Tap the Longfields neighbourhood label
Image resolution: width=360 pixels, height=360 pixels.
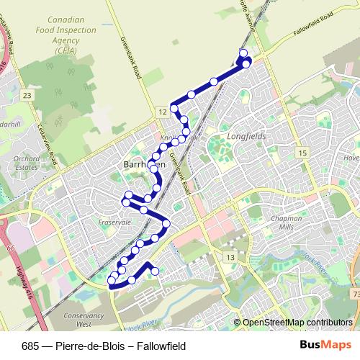click(x=246, y=135)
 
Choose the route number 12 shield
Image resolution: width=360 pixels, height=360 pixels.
click(x=163, y=111)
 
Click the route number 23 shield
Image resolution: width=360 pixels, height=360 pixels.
click(x=27, y=95)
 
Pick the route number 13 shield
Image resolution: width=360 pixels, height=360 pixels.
click(x=230, y=256)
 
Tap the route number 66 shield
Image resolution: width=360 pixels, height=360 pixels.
click(x=10, y=246)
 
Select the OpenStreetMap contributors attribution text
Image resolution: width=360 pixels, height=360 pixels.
click(x=297, y=323)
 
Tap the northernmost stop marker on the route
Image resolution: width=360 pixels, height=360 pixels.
click(x=243, y=53)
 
